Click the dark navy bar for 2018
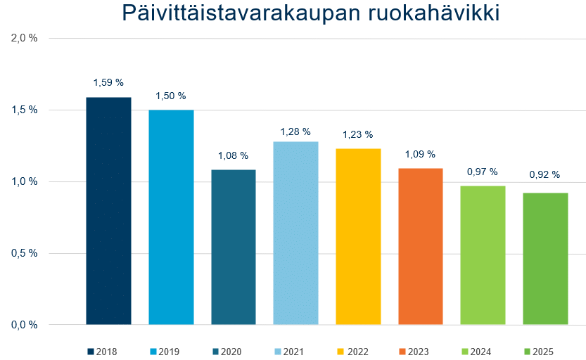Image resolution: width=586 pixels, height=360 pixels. coord(109,211)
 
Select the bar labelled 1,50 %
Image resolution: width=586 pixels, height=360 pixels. coord(171,217)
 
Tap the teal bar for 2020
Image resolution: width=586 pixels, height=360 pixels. coord(234,247)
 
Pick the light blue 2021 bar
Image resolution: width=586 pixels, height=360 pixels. coord(295,233)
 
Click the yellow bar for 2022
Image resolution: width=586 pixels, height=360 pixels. coord(358,236)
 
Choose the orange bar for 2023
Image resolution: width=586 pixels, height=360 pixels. coord(421,247)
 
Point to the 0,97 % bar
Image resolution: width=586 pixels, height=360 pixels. coord(483,255)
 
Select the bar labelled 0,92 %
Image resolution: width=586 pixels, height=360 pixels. coord(545,259)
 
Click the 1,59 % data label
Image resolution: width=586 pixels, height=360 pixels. coord(108,82)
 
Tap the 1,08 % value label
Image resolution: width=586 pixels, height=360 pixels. coord(234,155)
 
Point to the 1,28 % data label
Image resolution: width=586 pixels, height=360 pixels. coord(295,131)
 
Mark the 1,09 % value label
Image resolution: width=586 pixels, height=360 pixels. coord(421,154)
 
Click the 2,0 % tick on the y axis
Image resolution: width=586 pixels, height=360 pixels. coord(25,38)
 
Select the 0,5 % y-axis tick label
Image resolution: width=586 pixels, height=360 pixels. coord(25,253)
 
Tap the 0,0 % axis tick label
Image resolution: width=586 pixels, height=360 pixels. coord(25,325)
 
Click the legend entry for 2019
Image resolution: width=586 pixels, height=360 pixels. coord(165,352)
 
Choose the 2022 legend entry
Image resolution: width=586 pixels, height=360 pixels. coord(353,352)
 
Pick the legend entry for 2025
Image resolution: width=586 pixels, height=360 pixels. coord(539,352)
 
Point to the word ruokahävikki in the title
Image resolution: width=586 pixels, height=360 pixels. coord(434,13)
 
